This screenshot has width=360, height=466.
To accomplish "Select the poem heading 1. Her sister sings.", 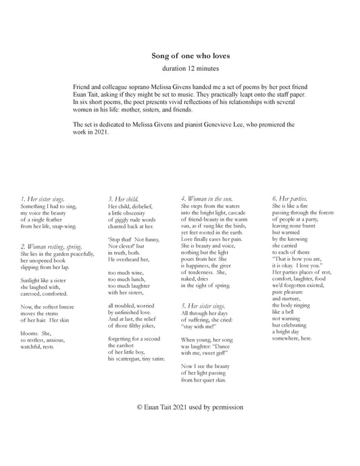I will pyautogui.click(x=43, y=199).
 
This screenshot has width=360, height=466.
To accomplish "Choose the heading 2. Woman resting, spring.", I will pyautogui.click(x=51, y=247).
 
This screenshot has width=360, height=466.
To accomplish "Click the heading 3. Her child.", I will pyautogui.click(x=123, y=199).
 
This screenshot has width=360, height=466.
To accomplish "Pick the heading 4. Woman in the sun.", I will pyautogui.click(x=207, y=199).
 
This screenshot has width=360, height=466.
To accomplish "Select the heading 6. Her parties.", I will pyautogui.click(x=290, y=199).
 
